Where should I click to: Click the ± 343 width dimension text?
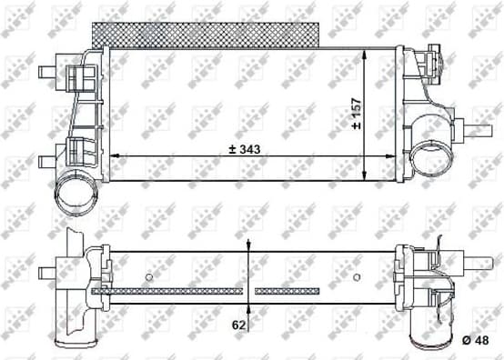239,149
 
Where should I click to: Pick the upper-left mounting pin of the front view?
45,71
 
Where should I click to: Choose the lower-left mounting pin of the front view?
45,161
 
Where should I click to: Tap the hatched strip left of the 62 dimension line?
168,291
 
